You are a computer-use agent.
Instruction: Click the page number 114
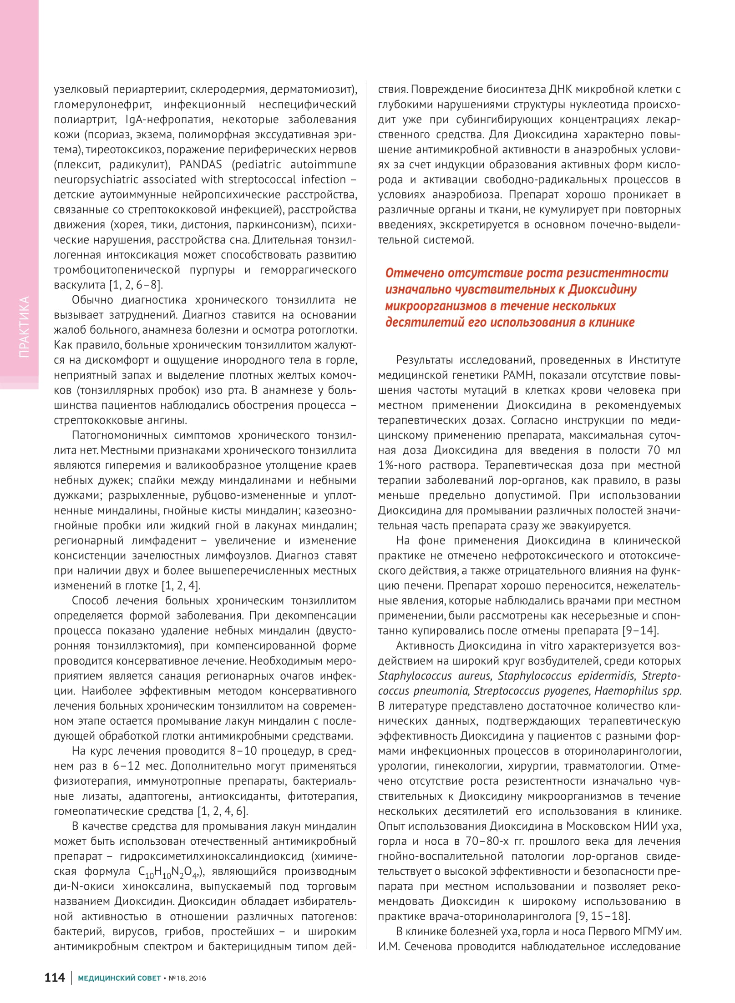[55, 978]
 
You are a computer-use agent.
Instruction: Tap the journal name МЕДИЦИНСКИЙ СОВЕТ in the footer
[119, 978]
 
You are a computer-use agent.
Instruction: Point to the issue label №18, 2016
[187, 978]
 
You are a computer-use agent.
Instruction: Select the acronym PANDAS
[201, 165]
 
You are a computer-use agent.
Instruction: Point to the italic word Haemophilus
[626, 691]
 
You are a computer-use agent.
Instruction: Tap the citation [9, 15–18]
[603, 916]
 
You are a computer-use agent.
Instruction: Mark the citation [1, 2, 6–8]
[136, 285]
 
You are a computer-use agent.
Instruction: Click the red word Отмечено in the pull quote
[415, 273]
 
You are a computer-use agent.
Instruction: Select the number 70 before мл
[653, 450]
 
